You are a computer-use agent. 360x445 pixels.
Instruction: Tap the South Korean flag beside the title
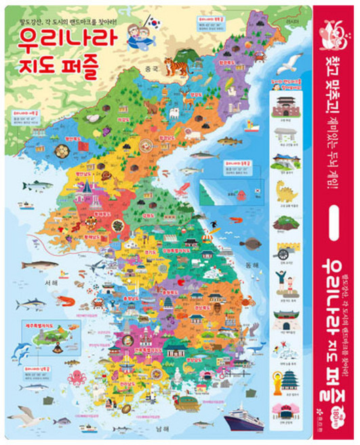[154, 23]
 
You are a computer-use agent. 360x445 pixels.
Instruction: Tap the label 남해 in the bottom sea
[178, 428]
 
